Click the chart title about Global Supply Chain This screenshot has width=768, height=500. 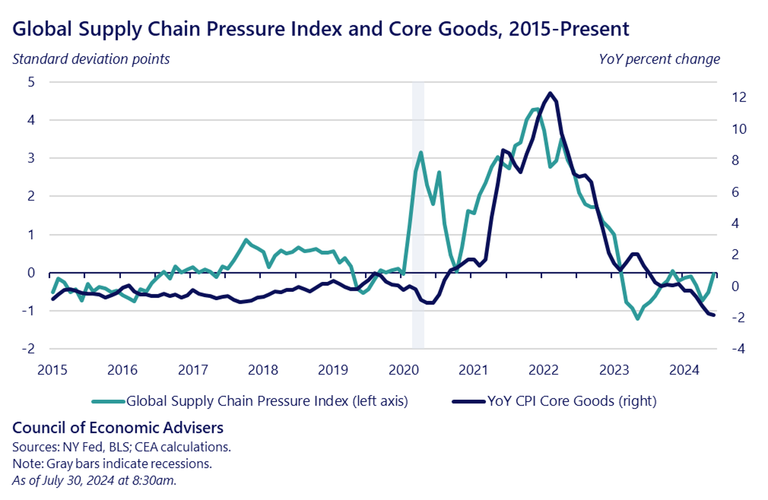[x=321, y=28]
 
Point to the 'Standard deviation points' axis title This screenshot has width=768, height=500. [x=91, y=59]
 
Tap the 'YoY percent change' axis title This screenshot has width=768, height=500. [x=659, y=59]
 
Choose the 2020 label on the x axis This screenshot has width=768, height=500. [x=403, y=370]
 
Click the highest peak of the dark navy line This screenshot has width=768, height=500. [x=550, y=93]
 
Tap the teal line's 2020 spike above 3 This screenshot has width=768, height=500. [x=421, y=153]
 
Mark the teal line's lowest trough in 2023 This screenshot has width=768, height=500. [x=638, y=318]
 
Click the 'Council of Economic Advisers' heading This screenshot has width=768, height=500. [x=118, y=427]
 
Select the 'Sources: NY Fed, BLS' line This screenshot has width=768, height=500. [x=122, y=447]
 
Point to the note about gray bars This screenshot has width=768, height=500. [x=111, y=463]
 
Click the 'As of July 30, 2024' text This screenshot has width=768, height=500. [x=94, y=480]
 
